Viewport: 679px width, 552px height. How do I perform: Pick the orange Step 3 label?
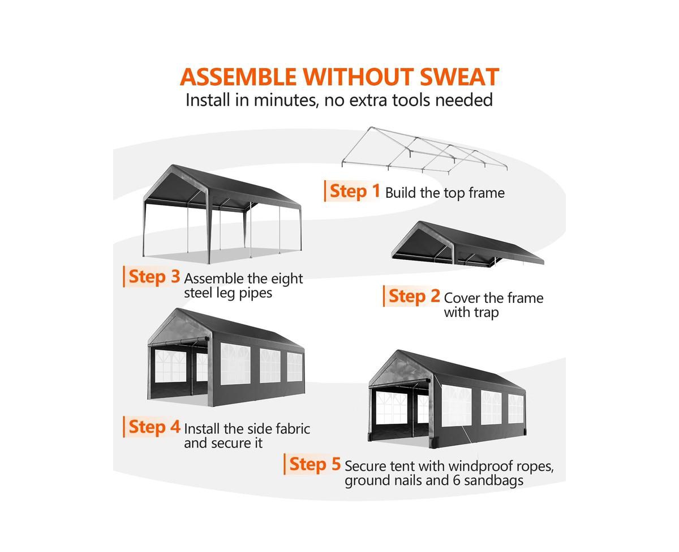(x=154, y=277)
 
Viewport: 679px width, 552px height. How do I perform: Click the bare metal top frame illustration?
(x=424, y=150)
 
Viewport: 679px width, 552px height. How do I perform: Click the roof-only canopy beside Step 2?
(x=467, y=243)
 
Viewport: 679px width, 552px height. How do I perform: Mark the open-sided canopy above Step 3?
(x=222, y=212)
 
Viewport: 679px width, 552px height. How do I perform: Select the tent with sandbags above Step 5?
(x=446, y=398)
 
